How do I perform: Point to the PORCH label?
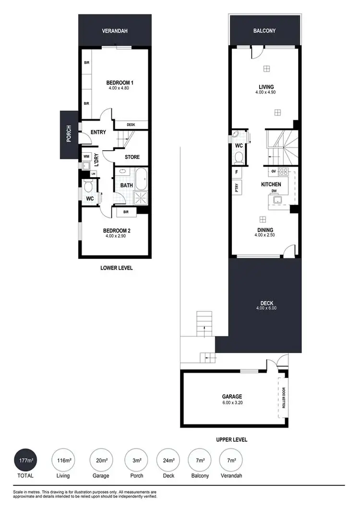point(69,134)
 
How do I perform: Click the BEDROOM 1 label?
point(120,83)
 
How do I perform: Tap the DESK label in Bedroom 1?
point(131,125)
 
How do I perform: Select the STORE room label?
point(132,157)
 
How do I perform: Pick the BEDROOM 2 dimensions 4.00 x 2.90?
point(118,236)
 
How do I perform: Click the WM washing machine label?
point(87,156)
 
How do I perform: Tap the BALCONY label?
point(264,31)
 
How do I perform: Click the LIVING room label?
point(266,87)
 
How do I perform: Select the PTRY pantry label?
point(237,188)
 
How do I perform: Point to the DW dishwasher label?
point(274,192)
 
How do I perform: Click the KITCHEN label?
point(271,184)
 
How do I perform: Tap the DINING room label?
point(265,230)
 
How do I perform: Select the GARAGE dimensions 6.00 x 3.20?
point(232,403)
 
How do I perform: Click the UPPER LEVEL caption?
point(231,439)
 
